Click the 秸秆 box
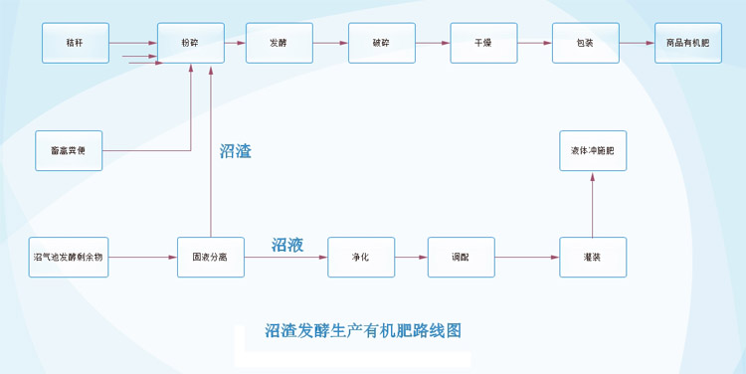tap(75, 43)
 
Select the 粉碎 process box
tap(190, 43)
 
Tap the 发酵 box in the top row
tap(279, 43)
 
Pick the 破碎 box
tap(381, 43)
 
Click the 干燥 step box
tap(483, 43)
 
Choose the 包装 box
tap(586, 43)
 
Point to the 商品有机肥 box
tap(687, 43)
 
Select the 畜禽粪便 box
tap(69, 150)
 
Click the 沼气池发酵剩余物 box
tap(68, 257)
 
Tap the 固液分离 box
tap(210, 257)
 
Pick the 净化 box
tap(361, 257)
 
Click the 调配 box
tap(461, 257)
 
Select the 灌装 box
tap(593, 257)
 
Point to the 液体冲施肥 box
tap(593, 150)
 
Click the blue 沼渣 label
tap(236, 152)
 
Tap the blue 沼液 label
tap(287, 244)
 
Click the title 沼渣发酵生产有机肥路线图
tap(363, 330)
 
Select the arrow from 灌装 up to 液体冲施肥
tap(593, 204)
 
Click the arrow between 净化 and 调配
tap(411, 257)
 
